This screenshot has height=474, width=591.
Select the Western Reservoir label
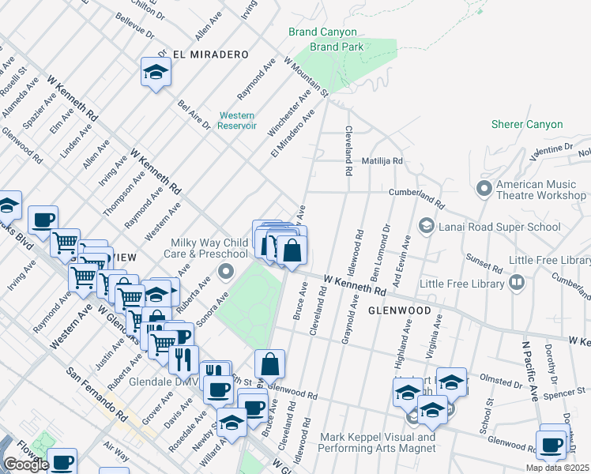tap(237, 120)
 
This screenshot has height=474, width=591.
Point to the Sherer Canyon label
tap(527, 125)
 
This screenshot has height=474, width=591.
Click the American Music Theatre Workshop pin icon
tap(484, 189)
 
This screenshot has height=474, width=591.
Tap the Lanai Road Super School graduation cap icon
tap(427, 227)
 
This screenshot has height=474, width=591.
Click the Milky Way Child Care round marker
tap(226, 273)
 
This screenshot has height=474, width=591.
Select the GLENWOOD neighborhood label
tap(399, 310)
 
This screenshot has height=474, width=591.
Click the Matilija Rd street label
tap(382, 160)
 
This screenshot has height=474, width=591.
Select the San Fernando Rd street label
tap(97, 393)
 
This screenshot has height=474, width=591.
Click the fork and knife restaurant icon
tap(183, 359)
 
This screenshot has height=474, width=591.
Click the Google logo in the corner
tap(25, 465)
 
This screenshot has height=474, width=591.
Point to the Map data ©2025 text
tap(557, 468)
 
